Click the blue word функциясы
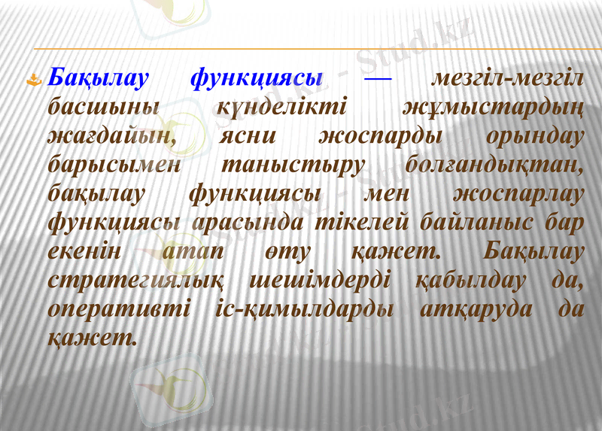[257, 78]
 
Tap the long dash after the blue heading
[377, 78]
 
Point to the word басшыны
[103, 107]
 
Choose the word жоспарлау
[519, 193]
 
